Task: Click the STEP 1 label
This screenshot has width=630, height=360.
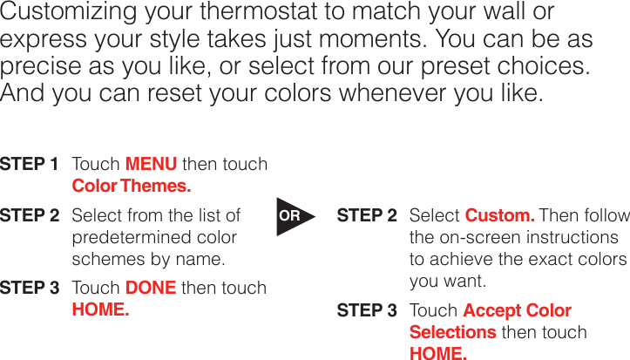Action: tap(30, 165)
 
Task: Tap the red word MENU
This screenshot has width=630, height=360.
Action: tap(151, 165)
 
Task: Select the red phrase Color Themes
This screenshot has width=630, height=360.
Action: tap(131, 186)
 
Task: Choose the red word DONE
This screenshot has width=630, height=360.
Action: tap(151, 288)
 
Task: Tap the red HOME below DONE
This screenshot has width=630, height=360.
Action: tap(99, 309)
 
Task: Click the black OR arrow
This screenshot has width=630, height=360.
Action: tap(291, 216)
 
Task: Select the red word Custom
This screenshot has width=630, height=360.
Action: tap(499, 215)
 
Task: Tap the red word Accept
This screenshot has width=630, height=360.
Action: tap(493, 310)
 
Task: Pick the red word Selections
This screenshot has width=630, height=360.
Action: tap(452, 332)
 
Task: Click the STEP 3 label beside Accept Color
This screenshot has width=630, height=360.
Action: tap(367, 310)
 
